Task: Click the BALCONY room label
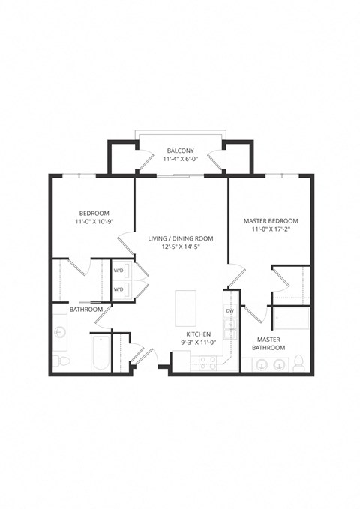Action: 180,151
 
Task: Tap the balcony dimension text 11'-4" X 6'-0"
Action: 180,159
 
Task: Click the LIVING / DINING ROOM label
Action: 180,238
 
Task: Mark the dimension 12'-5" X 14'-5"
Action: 180,247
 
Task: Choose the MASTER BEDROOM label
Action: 271,221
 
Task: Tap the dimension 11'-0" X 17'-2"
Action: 271,230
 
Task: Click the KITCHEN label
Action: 199,334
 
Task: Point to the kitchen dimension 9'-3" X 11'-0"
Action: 199,343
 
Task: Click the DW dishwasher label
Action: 229,310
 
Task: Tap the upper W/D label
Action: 118,271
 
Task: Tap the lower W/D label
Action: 118,289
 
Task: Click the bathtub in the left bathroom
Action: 100,354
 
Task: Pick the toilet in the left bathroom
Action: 63,363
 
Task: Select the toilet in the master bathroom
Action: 298,364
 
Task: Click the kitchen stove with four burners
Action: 208,362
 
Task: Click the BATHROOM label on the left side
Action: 85,309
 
